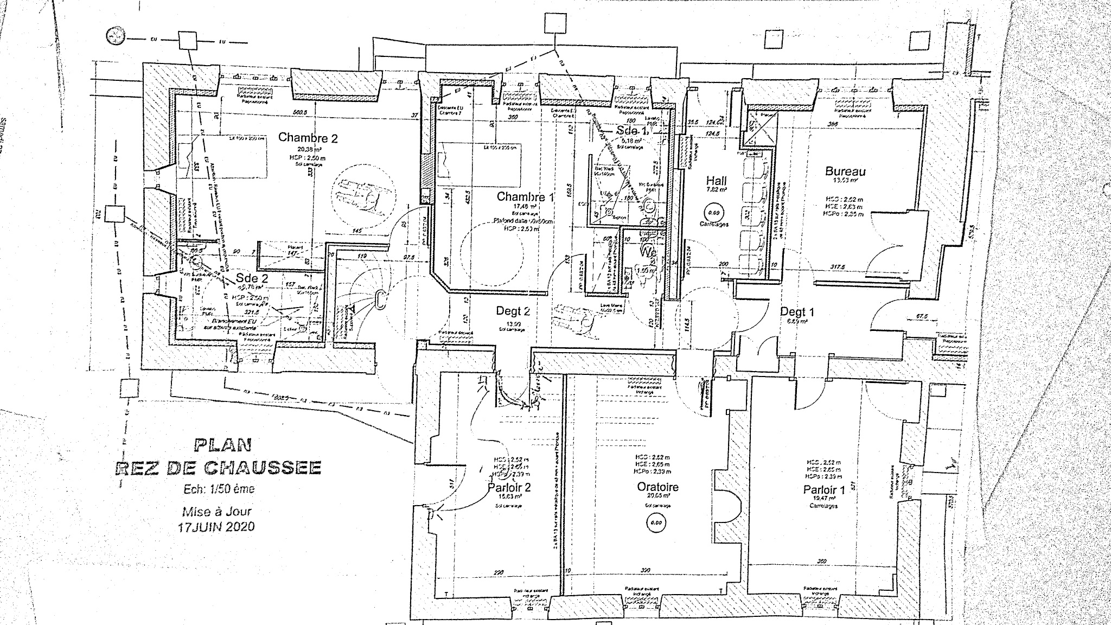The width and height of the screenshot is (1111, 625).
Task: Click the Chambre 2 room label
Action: (x=308, y=138)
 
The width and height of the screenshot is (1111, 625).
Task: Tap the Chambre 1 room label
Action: (x=525, y=196)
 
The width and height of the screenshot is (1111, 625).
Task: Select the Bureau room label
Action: (x=845, y=171)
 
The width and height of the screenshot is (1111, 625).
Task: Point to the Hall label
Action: (x=716, y=181)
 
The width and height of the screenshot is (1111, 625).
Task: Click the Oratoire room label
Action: (x=657, y=487)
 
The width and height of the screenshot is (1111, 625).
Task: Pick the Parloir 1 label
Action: (x=824, y=489)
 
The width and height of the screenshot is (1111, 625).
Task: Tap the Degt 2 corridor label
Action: (x=513, y=311)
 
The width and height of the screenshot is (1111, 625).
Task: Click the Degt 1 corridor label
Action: (x=797, y=311)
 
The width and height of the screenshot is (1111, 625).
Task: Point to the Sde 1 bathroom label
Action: (x=631, y=131)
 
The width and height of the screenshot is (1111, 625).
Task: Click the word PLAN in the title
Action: (x=222, y=445)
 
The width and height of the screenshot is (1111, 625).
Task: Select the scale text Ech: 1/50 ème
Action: (x=219, y=489)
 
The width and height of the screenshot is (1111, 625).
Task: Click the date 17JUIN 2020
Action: (x=215, y=526)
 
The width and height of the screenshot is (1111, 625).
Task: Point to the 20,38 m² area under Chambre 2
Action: (x=307, y=149)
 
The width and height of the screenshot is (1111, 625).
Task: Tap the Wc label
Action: (x=649, y=252)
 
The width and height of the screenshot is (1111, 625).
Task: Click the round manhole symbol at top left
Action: (x=115, y=36)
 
